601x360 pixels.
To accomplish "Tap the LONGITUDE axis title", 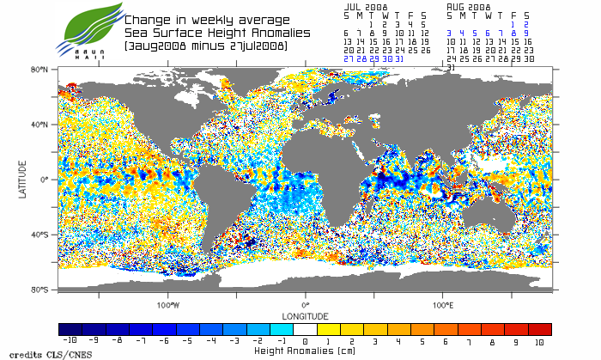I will (305, 315).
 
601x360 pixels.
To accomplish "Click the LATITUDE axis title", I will (23, 180).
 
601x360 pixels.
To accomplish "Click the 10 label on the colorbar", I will (537, 342).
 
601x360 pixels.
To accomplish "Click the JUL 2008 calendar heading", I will (365, 6).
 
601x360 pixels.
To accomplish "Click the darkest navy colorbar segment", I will (70, 329).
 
